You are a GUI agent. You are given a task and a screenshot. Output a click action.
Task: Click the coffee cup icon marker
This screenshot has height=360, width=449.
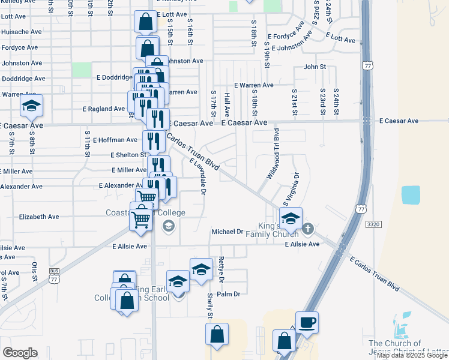tap(307, 323)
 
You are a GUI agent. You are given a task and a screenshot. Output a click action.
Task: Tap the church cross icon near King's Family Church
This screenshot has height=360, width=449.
tap(308, 228)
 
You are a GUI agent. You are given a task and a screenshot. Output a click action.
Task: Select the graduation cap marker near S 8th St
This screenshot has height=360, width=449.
tap(31, 107)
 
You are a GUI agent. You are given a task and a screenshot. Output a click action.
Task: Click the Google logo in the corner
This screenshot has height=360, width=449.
tap(20, 353)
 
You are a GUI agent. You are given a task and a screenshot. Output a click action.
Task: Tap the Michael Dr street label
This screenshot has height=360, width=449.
tap(227, 232)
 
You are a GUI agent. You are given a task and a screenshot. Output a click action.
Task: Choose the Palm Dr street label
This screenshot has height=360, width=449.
tap(228, 294)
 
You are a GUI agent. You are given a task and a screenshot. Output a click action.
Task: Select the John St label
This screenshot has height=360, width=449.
tap(315, 67)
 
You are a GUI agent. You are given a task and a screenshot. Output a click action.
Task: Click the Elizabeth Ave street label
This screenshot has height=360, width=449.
tap(39, 217)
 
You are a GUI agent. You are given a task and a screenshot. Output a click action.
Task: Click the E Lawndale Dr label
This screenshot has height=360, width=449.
tap(198, 176)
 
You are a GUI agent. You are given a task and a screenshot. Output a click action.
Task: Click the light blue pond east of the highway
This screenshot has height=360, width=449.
tap(411, 195)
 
